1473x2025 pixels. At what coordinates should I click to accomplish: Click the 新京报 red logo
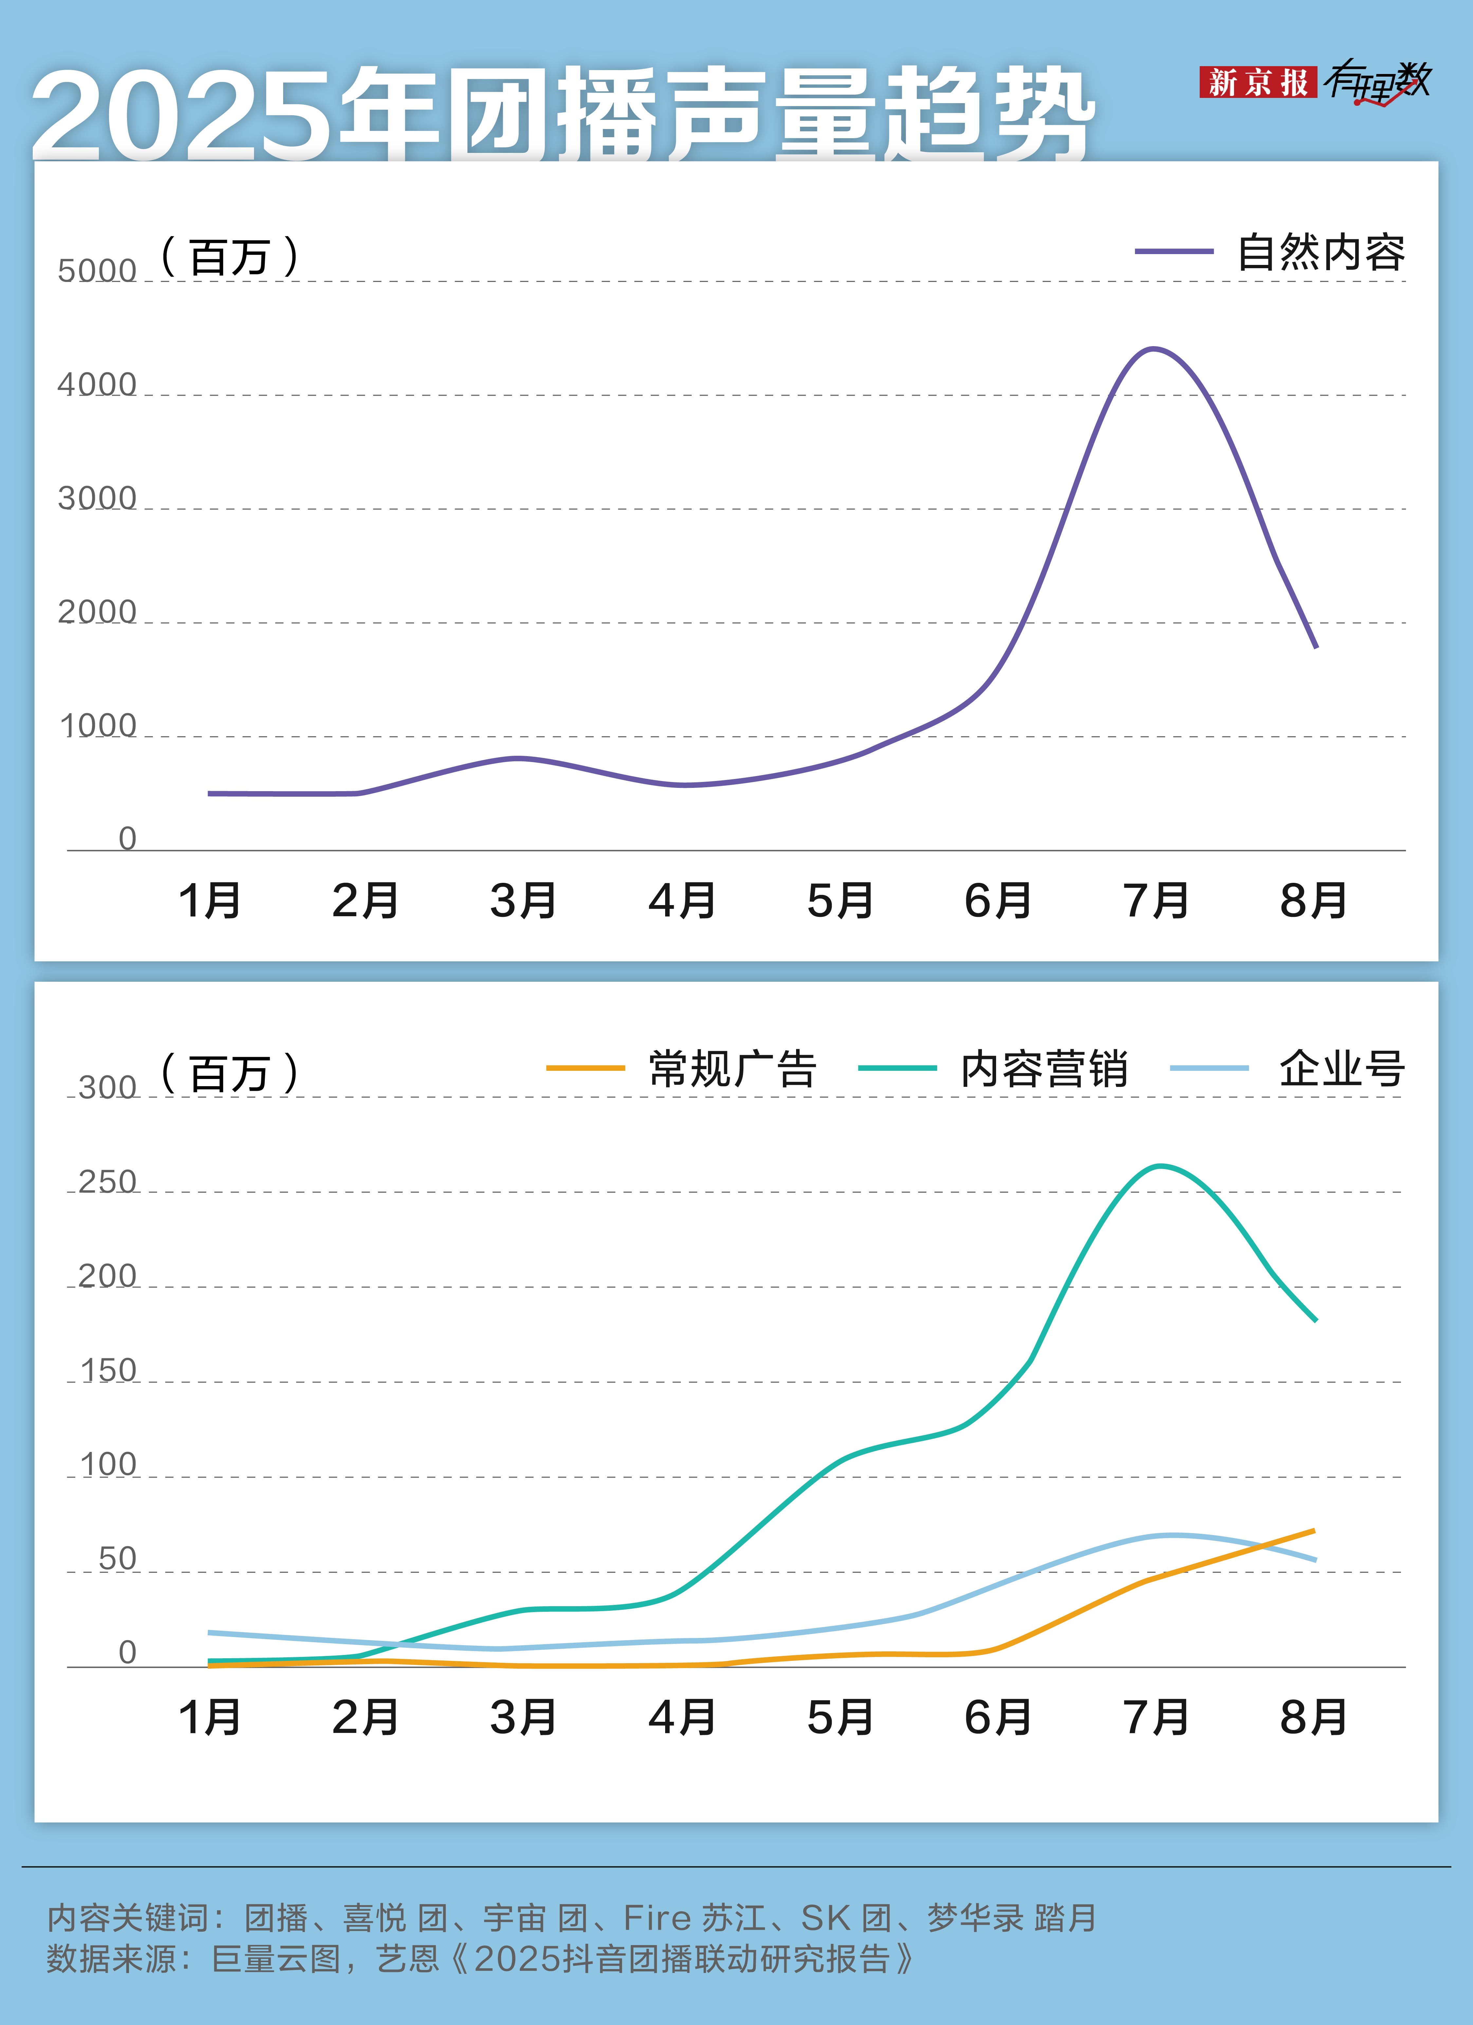1257,82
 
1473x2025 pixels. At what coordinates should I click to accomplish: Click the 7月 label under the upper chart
1156,900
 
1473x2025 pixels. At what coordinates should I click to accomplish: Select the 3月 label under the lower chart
523,1717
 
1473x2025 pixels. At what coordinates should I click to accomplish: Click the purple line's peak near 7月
1154,349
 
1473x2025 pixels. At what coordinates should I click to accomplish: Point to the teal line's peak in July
1159,1166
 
